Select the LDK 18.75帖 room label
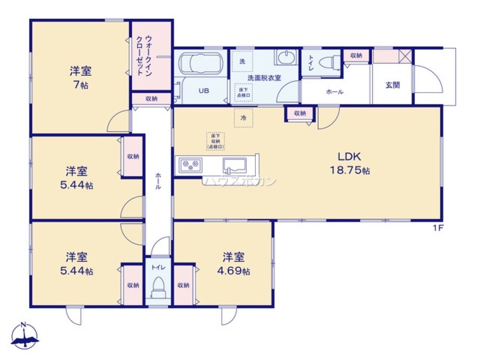pos(349,163)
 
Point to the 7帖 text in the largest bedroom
pos(81,85)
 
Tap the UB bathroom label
pos(203,90)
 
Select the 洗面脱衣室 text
pos(264,77)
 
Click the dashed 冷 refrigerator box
pos(243,118)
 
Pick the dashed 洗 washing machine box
pos(242,61)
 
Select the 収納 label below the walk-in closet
pos(151,98)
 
